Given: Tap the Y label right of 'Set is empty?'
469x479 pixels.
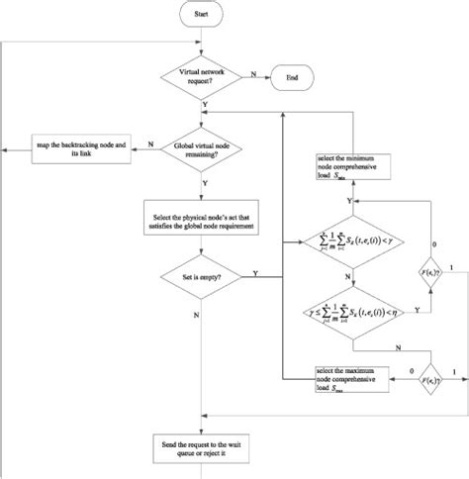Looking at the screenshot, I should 257,273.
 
